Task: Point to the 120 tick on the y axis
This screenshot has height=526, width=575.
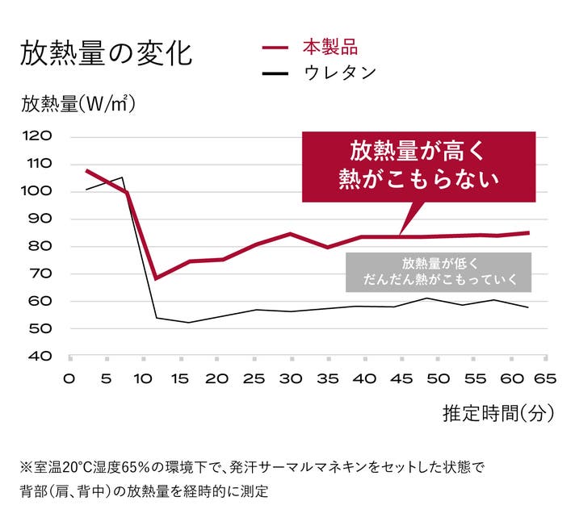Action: tap(39, 136)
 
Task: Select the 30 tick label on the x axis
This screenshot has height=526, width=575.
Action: tap(290, 378)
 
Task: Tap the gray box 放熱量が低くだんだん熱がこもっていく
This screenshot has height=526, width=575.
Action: tap(437, 272)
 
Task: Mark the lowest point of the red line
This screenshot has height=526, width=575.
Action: tap(156, 278)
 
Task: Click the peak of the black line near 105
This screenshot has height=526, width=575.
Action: tap(122, 177)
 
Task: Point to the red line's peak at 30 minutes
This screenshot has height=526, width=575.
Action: tap(290, 234)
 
